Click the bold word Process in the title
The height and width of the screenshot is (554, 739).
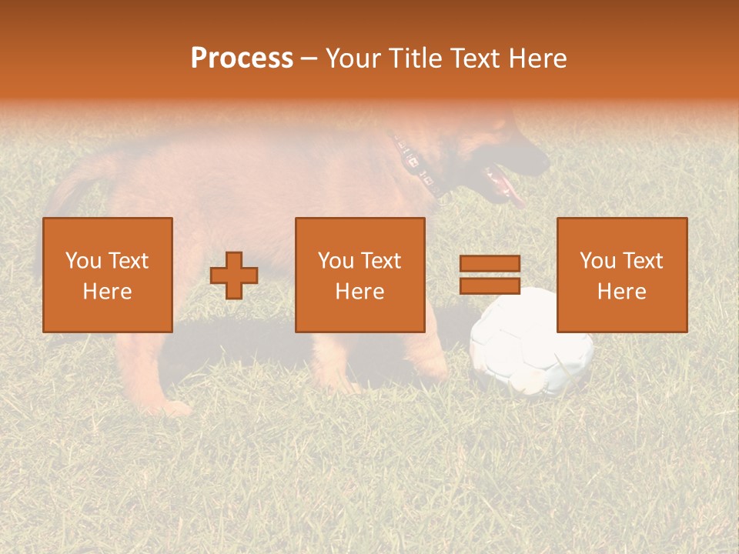click(242, 58)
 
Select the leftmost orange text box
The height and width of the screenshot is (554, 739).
click(108, 275)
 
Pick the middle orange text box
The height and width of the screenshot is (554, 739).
click(360, 275)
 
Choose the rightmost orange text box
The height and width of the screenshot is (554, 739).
click(622, 275)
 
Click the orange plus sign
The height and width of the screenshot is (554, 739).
click(234, 275)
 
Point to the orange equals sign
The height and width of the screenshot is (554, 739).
click(490, 275)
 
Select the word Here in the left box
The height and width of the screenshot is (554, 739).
click(108, 292)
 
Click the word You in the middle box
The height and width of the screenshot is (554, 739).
click(336, 261)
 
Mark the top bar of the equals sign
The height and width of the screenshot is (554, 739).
click(490, 263)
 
